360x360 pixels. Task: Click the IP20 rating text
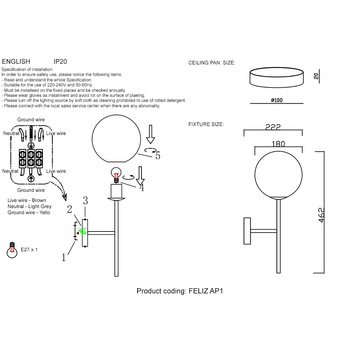pyautogui.click(x=60, y=62)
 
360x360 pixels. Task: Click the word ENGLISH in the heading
pyautogui.click(x=16, y=62)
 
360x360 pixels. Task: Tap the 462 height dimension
pyautogui.click(x=321, y=215)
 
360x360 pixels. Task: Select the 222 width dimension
pyautogui.click(x=273, y=127)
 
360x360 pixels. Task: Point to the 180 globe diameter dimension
pyautogui.click(x=278, y=144)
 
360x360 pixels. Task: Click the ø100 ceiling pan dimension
pyautogui.click(x=276, y=100)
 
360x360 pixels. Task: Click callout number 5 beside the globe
pyautogui.click(x=158, y=156)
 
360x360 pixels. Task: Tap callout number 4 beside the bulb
pyautogui.click(x=141, y=188)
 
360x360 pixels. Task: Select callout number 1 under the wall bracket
pyautogui.click(x=64, y=257)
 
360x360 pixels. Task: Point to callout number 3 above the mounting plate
pyautogui.click(x=85, y=200)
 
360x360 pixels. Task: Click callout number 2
pyautogui.click(x=69, y=209)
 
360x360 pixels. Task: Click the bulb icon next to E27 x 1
pyautogui.click(x=12, y=249)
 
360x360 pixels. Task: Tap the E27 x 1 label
pyautogui.click(x=29, y=249)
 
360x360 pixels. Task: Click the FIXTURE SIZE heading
pyautogui.click(x=206, y=125)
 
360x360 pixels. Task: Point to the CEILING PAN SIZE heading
pyautogui.click(x=212, y=63)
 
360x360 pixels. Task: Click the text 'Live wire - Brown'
pyautogui.click(x=27, y=200)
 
